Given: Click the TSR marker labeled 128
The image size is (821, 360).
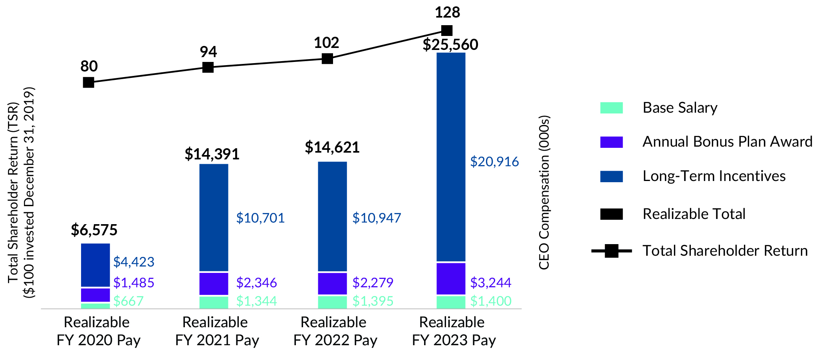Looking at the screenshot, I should pos(447,30).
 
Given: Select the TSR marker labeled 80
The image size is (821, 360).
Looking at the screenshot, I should pos(89,82).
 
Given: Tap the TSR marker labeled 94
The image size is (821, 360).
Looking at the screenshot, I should pos(208,67).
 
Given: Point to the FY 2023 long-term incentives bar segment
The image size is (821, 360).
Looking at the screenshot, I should pos(451,157).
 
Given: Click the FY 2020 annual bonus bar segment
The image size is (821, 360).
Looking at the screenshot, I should pos(95,295).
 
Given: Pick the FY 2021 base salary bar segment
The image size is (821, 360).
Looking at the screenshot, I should pos(214,302).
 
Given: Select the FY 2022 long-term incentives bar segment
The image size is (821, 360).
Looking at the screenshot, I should pos(332,216).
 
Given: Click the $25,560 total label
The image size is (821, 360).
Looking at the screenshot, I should pos(450,45).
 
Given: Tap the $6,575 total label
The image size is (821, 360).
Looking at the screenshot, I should pos(94,230).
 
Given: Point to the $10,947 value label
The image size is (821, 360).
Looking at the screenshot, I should pos(377,218).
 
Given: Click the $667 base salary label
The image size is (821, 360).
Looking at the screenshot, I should pos(128,301).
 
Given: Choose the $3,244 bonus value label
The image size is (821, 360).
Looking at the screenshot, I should pos(490,283).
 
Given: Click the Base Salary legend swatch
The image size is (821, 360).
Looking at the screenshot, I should pos(611,108).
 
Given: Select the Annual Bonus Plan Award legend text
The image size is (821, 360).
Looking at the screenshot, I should pos(727,142).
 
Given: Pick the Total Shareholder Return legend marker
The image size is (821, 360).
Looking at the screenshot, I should pos(611,251).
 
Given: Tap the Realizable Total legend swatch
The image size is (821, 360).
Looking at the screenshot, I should pos(611,214).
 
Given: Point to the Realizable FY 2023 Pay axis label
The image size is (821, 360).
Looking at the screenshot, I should pos(453,331).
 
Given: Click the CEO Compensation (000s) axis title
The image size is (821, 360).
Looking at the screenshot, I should pos(544,193).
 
